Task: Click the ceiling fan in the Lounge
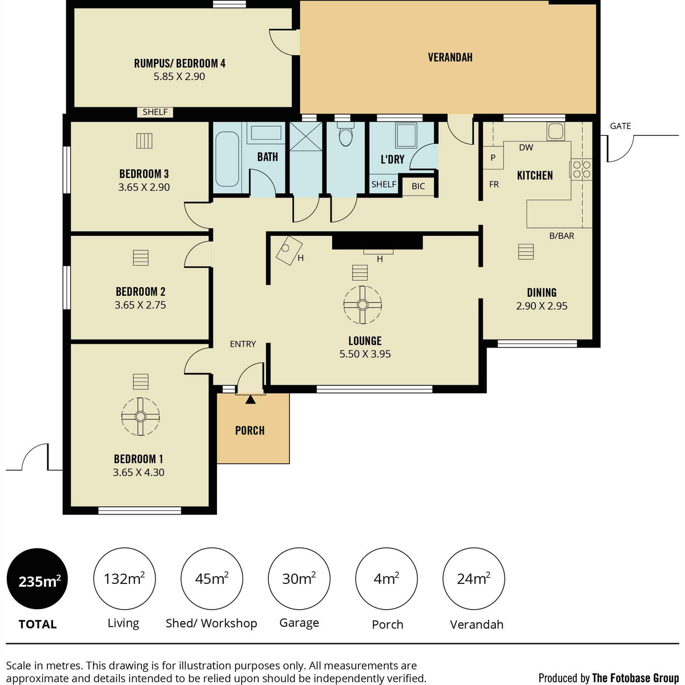tap(362, 305)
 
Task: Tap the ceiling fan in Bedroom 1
tap(140, 416)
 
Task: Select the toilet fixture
tap(345, 134)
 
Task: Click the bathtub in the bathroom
tap(227, 159)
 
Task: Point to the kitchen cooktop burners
tap(582, 169)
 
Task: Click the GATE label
tap(620, 126)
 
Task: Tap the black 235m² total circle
tap(37, 579)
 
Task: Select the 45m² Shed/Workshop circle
tap(212, 579)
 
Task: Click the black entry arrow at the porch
tap(251, 400)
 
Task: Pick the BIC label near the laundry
tap(418, 186)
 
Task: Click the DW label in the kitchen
tap(526, 147)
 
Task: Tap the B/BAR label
tap(562, 236)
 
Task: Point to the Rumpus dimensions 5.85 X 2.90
tap(179, 76)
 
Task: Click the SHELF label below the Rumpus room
tap(155, 112)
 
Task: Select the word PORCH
tap(250, 430)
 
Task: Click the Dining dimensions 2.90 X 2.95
tap(542, 306)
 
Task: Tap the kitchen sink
tap(555, 131)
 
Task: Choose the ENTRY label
tap(243, 344)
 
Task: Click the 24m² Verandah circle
tap(473, 579)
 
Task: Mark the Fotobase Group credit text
tap(609, 678)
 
